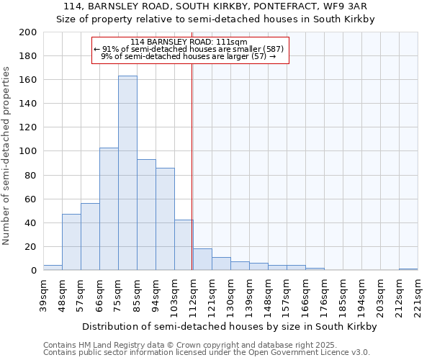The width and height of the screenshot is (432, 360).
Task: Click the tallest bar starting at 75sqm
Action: [x=127, y=173]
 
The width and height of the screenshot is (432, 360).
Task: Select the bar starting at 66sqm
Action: [x=109, y=209]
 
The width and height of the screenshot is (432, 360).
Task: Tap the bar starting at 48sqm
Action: [x=71, y=242]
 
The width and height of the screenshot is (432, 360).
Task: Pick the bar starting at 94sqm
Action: [x=165, y=219]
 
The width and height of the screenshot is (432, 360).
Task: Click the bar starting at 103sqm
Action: [x=184, y=245]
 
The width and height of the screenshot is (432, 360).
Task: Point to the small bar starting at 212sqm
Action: [x=408, y=269]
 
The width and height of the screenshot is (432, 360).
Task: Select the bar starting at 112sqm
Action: [x=202, y=259]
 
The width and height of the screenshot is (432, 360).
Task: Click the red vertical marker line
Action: [x=192, y=180]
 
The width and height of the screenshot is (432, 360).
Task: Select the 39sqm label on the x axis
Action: [x=44, y=296]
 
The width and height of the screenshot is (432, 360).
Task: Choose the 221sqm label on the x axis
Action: [x=418, y=296]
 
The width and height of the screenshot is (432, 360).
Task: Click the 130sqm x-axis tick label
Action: [x=231, y=296]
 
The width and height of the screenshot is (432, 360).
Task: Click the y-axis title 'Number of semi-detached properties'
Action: [x=7, y=156]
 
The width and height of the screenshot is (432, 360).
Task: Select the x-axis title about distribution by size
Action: [x=230, y=326]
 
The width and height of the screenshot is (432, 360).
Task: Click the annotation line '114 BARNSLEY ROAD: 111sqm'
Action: [x=190, y=42]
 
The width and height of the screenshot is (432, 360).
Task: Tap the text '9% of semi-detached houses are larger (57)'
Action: [x=189, y=56]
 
